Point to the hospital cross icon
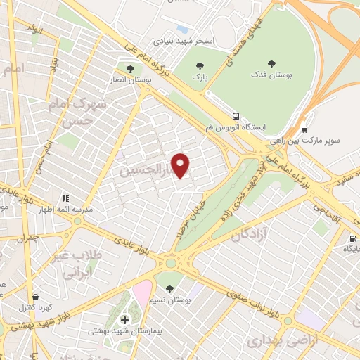(124, 320)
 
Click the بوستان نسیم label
(168, 300)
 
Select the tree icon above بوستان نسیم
(169, 288)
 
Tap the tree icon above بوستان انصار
(131, 68)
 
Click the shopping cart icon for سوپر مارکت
(304, 129)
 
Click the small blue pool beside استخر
(183, 29)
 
